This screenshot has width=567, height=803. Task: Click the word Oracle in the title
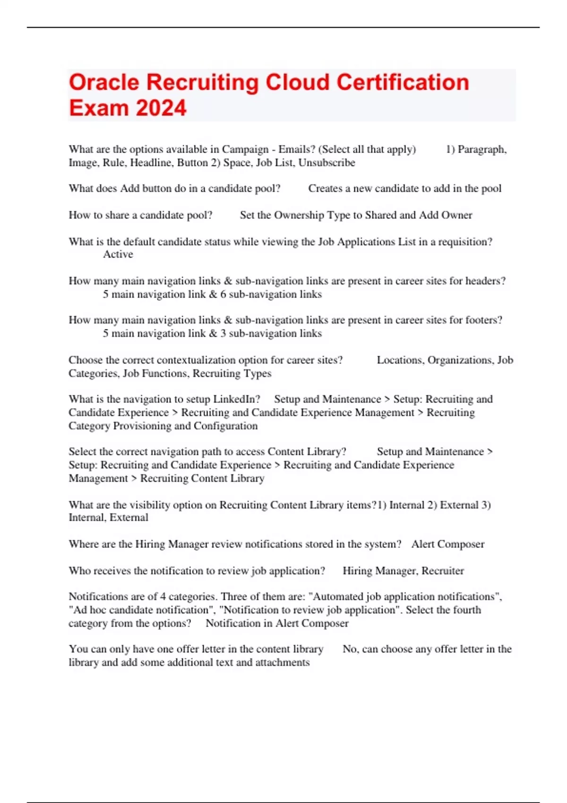point(104,82)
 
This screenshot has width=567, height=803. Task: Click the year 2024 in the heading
point(161,108)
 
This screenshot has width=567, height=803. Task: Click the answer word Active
point(118,254)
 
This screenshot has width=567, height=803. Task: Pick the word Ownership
point(299,215)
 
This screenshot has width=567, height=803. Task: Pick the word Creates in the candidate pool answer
point(324,188)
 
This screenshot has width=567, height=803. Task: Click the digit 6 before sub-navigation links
point(223,294)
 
